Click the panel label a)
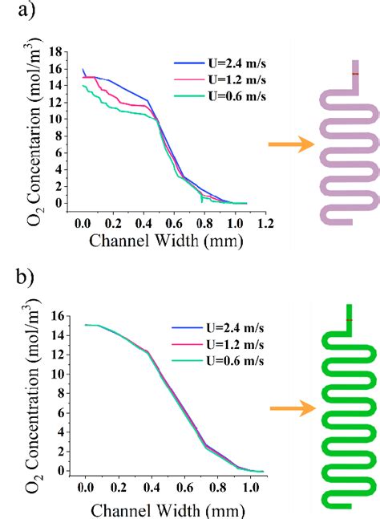click(14, 11)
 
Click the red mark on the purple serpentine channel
click(354, 74)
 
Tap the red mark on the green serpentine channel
click(349, 321)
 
